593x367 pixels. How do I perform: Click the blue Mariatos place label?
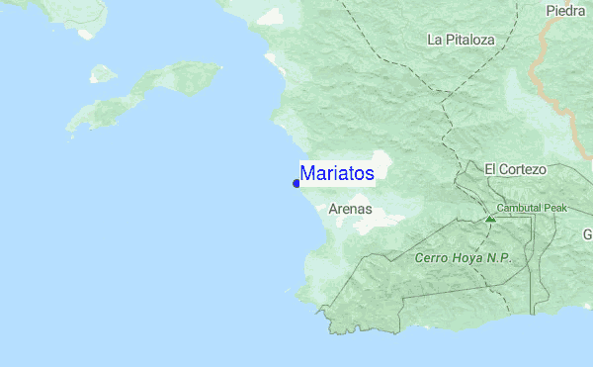(337, 173)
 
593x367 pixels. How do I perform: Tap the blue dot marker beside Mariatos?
(296, 183)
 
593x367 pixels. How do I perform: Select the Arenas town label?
(350, 209)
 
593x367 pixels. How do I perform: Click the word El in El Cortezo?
(490, 169)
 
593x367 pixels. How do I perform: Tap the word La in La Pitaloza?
(435, 40)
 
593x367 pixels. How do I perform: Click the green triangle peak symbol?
(490, 217)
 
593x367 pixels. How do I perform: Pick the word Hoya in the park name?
(470, 258)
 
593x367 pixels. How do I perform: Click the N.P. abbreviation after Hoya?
(500, 258)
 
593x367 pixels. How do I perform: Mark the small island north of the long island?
(102, 73)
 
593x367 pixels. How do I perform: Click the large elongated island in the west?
(148, 94)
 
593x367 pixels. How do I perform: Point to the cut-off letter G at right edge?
(587, 234)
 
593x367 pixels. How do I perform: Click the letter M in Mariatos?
(307, 173)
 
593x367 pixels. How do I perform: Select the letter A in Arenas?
(333, 209)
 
